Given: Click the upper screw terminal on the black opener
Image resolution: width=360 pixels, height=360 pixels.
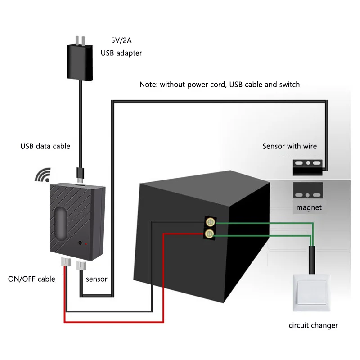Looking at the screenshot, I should click(209, 222).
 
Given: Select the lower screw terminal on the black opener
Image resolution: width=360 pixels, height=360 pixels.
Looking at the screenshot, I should click(209, 234).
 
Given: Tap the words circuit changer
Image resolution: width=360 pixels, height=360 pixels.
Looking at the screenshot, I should click(313, 325).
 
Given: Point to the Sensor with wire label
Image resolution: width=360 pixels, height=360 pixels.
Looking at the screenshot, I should click(289, 146).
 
